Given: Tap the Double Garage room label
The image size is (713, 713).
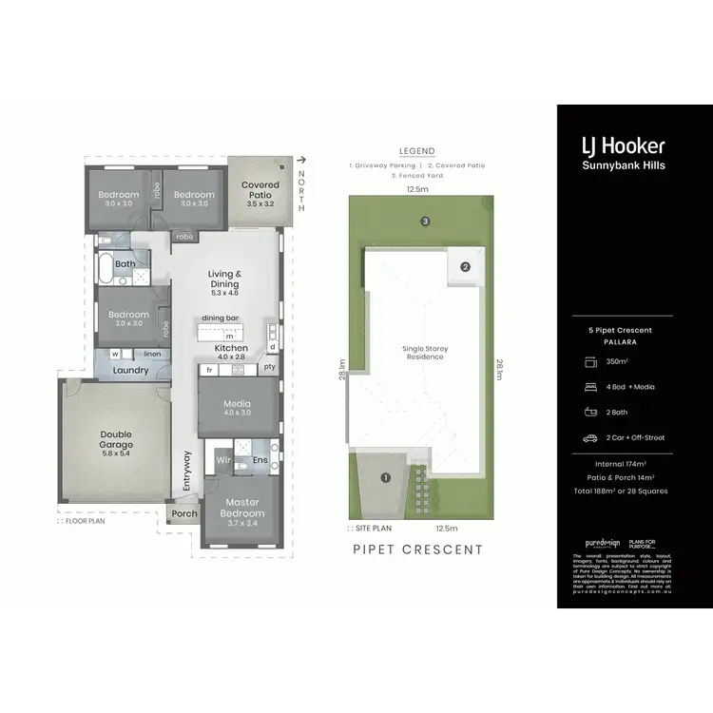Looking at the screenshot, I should tap(117, 439).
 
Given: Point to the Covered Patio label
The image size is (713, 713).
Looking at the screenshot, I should tap(260, 190).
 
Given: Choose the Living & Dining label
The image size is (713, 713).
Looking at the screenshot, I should tap(225, 279).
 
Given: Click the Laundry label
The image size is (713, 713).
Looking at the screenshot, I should tap(131, 370).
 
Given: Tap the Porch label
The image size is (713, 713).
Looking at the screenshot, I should tap(184, 514).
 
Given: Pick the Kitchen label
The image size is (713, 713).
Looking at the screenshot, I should tap(231, 349).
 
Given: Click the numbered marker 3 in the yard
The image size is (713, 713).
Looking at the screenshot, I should tap(427, 222).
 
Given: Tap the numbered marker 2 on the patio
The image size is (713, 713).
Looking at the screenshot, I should tap(466, 267).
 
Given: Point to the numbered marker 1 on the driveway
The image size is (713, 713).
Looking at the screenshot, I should tap(386, 477).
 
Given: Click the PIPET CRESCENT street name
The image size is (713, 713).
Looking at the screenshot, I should tap(417, 549).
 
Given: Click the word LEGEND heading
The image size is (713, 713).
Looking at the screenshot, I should tap(417, 151).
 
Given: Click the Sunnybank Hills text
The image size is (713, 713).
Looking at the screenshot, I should tap(623, 167).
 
